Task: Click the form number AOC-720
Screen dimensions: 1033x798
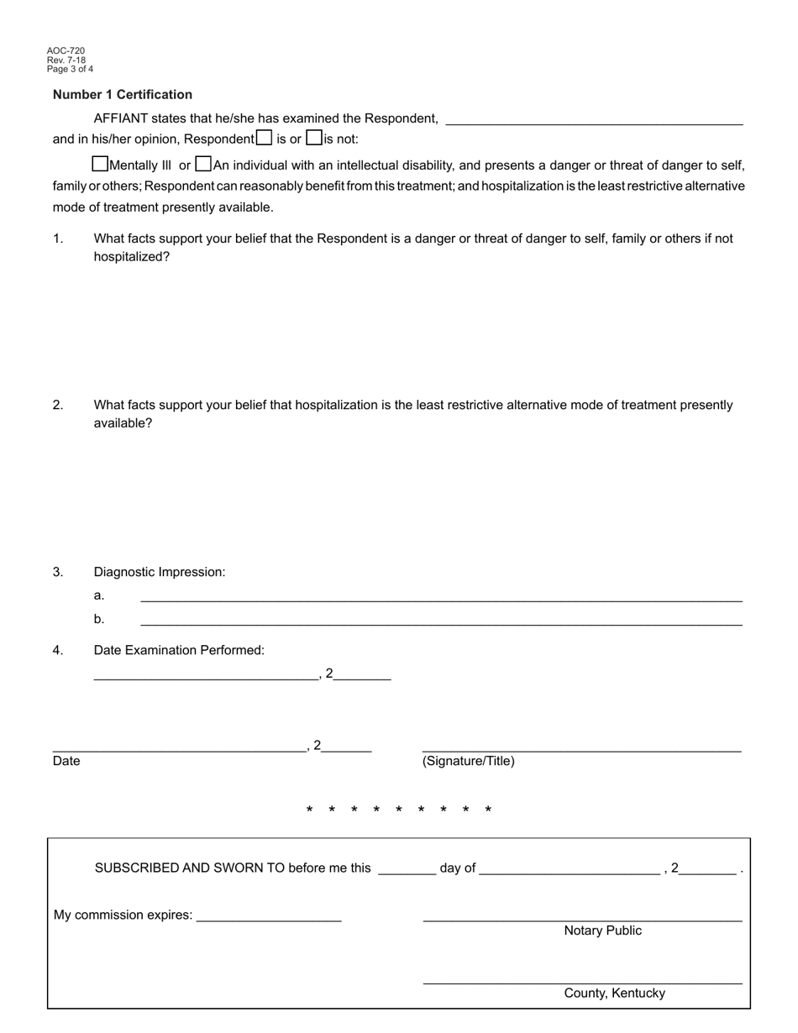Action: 66,51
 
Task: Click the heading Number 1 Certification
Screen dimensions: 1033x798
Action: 123,95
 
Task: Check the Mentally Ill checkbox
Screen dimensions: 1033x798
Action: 100,164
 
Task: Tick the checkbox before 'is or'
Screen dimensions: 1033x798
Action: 265,138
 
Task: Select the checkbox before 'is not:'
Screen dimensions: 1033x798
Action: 314,138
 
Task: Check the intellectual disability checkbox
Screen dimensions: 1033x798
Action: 203,164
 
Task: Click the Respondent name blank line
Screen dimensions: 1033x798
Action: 594,119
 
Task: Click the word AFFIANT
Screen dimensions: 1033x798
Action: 120,119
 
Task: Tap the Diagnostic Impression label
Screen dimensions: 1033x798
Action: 160,572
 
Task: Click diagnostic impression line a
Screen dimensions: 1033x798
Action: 441,596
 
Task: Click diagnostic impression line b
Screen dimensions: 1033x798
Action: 441,620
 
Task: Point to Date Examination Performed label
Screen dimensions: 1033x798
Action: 179,650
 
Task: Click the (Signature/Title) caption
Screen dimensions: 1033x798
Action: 468,761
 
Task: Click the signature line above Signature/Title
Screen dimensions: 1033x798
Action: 581,747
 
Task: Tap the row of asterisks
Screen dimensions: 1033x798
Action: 399,810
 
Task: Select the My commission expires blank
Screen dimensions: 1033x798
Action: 269,916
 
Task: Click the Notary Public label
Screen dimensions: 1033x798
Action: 602,931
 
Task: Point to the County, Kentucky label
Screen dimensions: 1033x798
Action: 614,993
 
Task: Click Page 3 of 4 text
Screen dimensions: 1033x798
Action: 70,69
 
